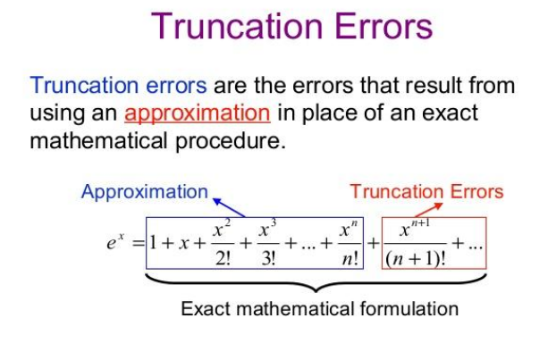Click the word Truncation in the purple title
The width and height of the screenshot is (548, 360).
pos(237,26)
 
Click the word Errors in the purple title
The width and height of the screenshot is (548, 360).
pos(384,26)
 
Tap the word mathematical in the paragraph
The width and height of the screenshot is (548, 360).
pos(98,141)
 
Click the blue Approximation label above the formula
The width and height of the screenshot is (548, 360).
pos(144,192)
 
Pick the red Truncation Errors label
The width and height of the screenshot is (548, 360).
pos(426,192)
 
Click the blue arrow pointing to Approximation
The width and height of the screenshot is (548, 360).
pos(229,207)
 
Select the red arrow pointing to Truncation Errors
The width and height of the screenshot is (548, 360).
pos(428,210)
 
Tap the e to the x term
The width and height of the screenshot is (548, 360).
pos(115,241)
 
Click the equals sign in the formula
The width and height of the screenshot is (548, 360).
pos(139,243)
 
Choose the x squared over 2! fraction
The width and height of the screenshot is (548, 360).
pos(223,243)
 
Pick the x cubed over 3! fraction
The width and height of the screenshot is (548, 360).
pos(268,243)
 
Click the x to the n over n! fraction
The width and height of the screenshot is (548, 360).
pos(350,243)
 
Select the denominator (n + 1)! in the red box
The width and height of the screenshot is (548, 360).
pos(416,258)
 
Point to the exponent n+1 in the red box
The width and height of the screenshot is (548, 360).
pos(420,222)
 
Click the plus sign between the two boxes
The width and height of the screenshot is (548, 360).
pos(373,243)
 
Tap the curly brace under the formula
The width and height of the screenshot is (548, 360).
pos(316,283)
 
